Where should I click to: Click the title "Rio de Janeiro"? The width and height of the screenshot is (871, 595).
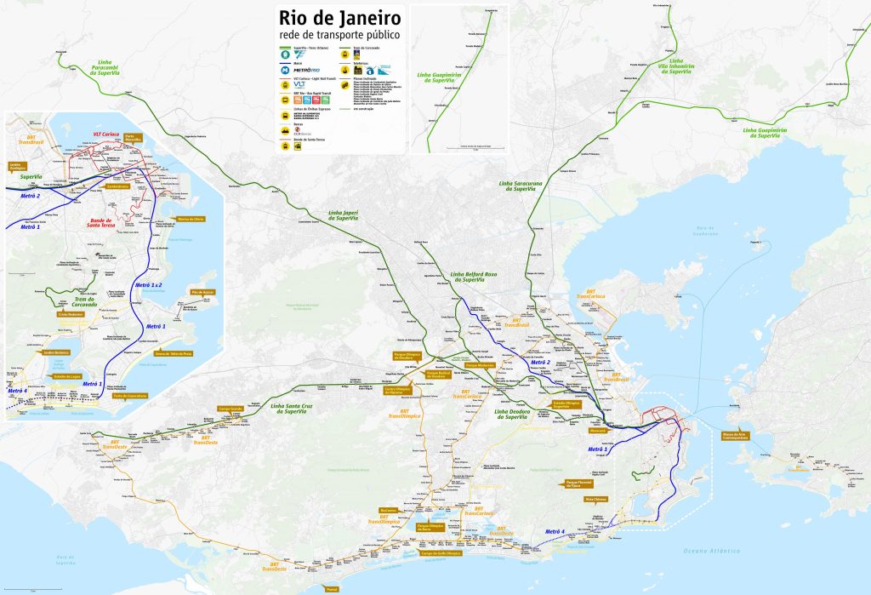pos(337,18)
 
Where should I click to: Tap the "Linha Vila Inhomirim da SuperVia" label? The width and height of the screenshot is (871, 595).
pos(676,66)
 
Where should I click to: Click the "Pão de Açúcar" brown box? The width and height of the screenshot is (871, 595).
pos(202,292)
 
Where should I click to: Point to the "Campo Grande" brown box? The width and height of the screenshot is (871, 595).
pos(232,409)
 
